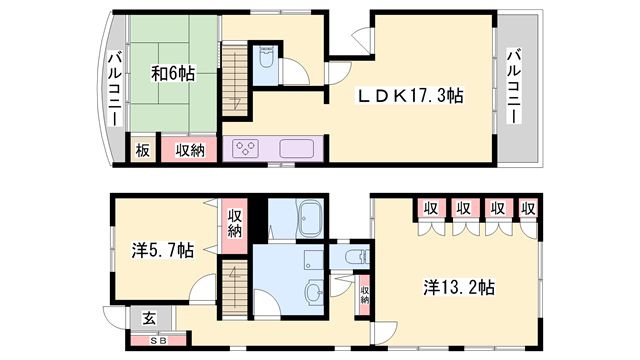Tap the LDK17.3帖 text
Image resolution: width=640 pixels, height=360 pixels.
coord(412,96)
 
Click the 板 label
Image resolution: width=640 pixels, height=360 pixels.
coord(143,150)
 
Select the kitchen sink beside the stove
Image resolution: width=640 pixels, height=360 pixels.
coord(297,149)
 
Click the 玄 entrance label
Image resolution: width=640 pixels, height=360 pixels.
coord(148,318)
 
